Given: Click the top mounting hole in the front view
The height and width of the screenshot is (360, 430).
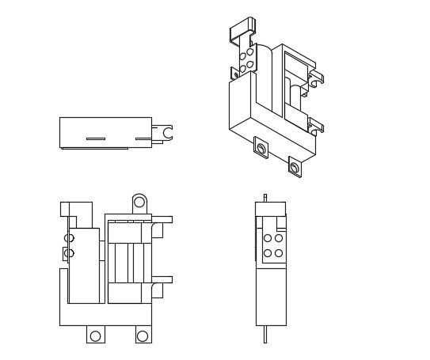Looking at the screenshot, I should [139, 202].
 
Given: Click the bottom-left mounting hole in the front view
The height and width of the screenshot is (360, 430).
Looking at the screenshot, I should [95, 335].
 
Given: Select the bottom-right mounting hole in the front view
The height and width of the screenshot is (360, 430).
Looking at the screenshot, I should [143, 335].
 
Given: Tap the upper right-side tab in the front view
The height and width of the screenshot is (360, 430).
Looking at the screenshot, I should [162, 219].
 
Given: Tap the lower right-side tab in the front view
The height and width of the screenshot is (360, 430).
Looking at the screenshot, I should [162, 279].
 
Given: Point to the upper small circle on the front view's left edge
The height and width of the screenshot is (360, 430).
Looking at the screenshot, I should [69, 238].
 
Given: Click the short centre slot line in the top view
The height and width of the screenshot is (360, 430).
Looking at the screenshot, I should [96, 138].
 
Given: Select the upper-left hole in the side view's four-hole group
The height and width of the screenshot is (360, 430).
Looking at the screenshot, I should [268, 238].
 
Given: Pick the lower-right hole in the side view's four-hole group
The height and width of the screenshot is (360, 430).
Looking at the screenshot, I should [279, 253].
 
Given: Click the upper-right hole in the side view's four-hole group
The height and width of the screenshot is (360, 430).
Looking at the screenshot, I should [279, 238].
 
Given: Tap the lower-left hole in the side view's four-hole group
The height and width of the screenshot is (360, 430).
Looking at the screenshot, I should [268, 253].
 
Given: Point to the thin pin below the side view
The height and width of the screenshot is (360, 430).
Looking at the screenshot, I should [265, 334].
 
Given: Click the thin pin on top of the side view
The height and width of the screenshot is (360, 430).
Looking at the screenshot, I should [265, 197].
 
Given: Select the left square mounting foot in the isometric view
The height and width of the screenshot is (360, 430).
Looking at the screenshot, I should [261, 148].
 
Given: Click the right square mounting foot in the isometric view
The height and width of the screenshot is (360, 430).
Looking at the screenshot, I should [295, 168].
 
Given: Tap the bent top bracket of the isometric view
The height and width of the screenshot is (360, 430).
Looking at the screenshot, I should [242, 30].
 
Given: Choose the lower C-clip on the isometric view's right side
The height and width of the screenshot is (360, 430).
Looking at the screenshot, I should [315, 127].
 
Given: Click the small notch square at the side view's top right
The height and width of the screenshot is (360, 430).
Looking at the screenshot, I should [281, 222].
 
